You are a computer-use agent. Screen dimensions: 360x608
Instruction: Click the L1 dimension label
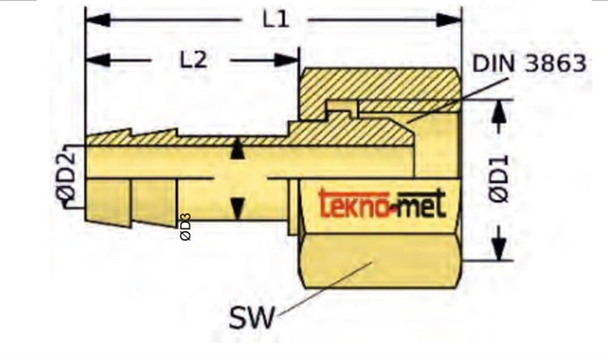click(x=276, y=20)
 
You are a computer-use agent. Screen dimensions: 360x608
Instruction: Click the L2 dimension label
click(x=193, y=59)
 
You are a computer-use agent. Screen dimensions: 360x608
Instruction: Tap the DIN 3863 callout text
click(x=529, y=64)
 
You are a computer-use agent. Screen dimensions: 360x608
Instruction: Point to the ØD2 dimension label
click(x=69, y=176)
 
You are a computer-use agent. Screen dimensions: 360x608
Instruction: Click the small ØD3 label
click(x=185, y=228)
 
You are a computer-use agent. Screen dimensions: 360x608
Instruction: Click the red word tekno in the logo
click(x=349, y=204)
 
